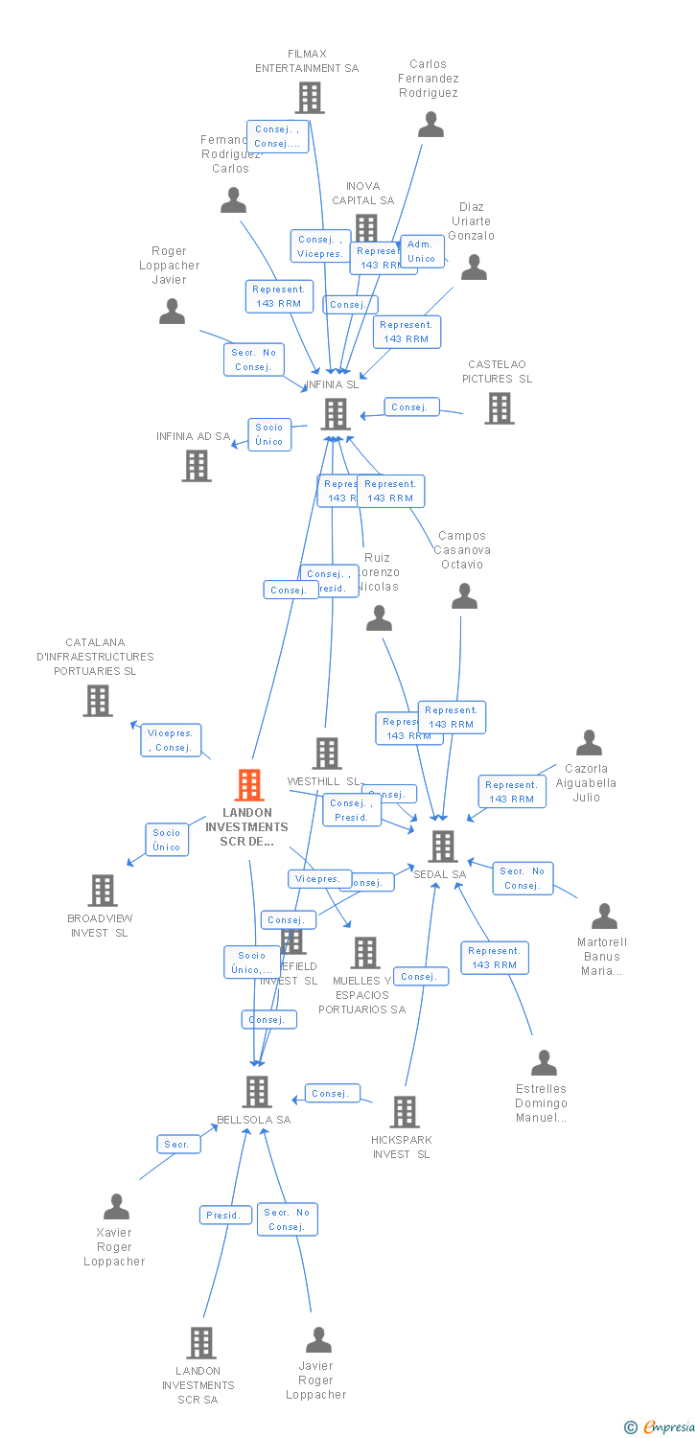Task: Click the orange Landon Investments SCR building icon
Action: [x=249, y=785]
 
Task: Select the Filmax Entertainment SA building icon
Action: [x=309, y=98]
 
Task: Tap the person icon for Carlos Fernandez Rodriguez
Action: [x=430, y=125]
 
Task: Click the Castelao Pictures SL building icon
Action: [x=499, y=408]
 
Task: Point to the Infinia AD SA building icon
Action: [x=197, y=466]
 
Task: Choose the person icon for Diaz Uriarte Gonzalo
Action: [x=474, y=267]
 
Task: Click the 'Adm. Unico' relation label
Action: [x=422, y=251]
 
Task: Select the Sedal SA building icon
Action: [x=443, y=847]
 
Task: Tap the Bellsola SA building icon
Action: [x=256, y=1091]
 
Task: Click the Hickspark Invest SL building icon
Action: [x=405, y=1112]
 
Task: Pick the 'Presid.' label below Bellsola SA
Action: [x=223, y=1215]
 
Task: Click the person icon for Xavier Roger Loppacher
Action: [x=116, y=1206]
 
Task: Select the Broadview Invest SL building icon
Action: [x=102, y=891]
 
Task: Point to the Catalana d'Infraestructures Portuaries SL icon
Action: [x=98, y=701]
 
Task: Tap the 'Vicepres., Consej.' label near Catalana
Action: [x=171, y=740]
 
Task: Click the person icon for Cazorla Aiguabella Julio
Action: [x=589, y=743]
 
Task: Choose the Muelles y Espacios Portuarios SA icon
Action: [x=365, y=953]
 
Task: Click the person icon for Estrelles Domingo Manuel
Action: [x=544, y=1063]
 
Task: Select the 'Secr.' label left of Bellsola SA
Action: [x=178, y=1145]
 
